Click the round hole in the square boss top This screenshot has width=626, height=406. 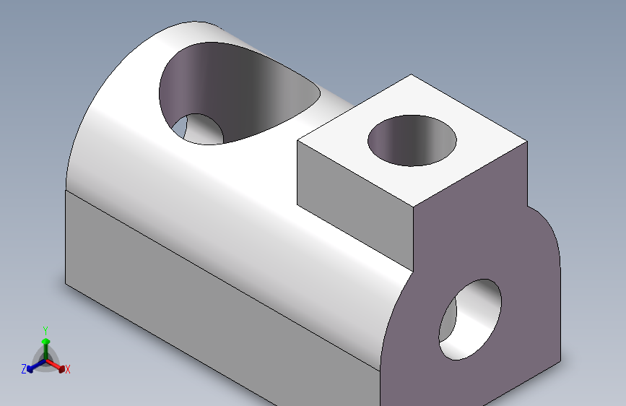(412, 141)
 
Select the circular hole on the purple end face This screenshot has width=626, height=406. (470, 320)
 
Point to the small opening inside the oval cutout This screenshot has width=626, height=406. (198, 129)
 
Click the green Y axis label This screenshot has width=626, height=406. (45, 330)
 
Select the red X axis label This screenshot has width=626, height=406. (67, 369)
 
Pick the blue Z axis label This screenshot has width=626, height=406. (24, 369)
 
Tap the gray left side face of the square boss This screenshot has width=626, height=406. (355, 204)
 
